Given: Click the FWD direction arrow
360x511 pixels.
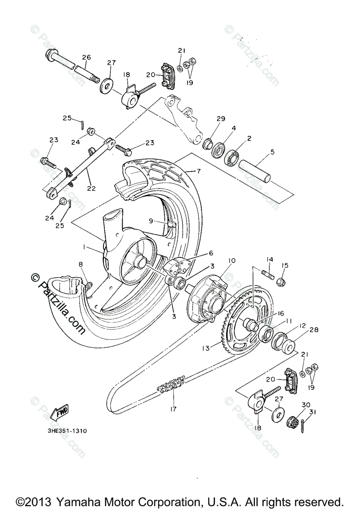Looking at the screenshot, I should [x=58, y=412].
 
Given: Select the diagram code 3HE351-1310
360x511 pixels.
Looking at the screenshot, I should [x=67, y=431].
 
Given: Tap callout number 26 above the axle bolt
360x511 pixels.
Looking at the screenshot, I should [x=86, y=57].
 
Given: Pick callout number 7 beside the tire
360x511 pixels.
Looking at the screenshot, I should [x=197, y=172].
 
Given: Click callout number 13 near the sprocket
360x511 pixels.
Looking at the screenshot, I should [x=206, y=348].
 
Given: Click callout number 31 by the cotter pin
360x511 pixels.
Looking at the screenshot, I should [x=314, y=411].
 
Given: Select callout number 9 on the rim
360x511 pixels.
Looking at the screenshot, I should [x=151, y=221].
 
